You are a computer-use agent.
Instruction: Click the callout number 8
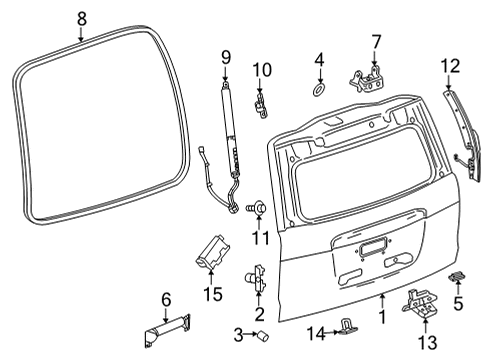coord(82,16)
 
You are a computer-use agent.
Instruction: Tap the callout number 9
coord(225,55)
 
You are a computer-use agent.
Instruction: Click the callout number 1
coord(381,317)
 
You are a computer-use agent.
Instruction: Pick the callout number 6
coord(166,298)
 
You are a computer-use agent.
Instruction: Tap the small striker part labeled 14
coord(347,322)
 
